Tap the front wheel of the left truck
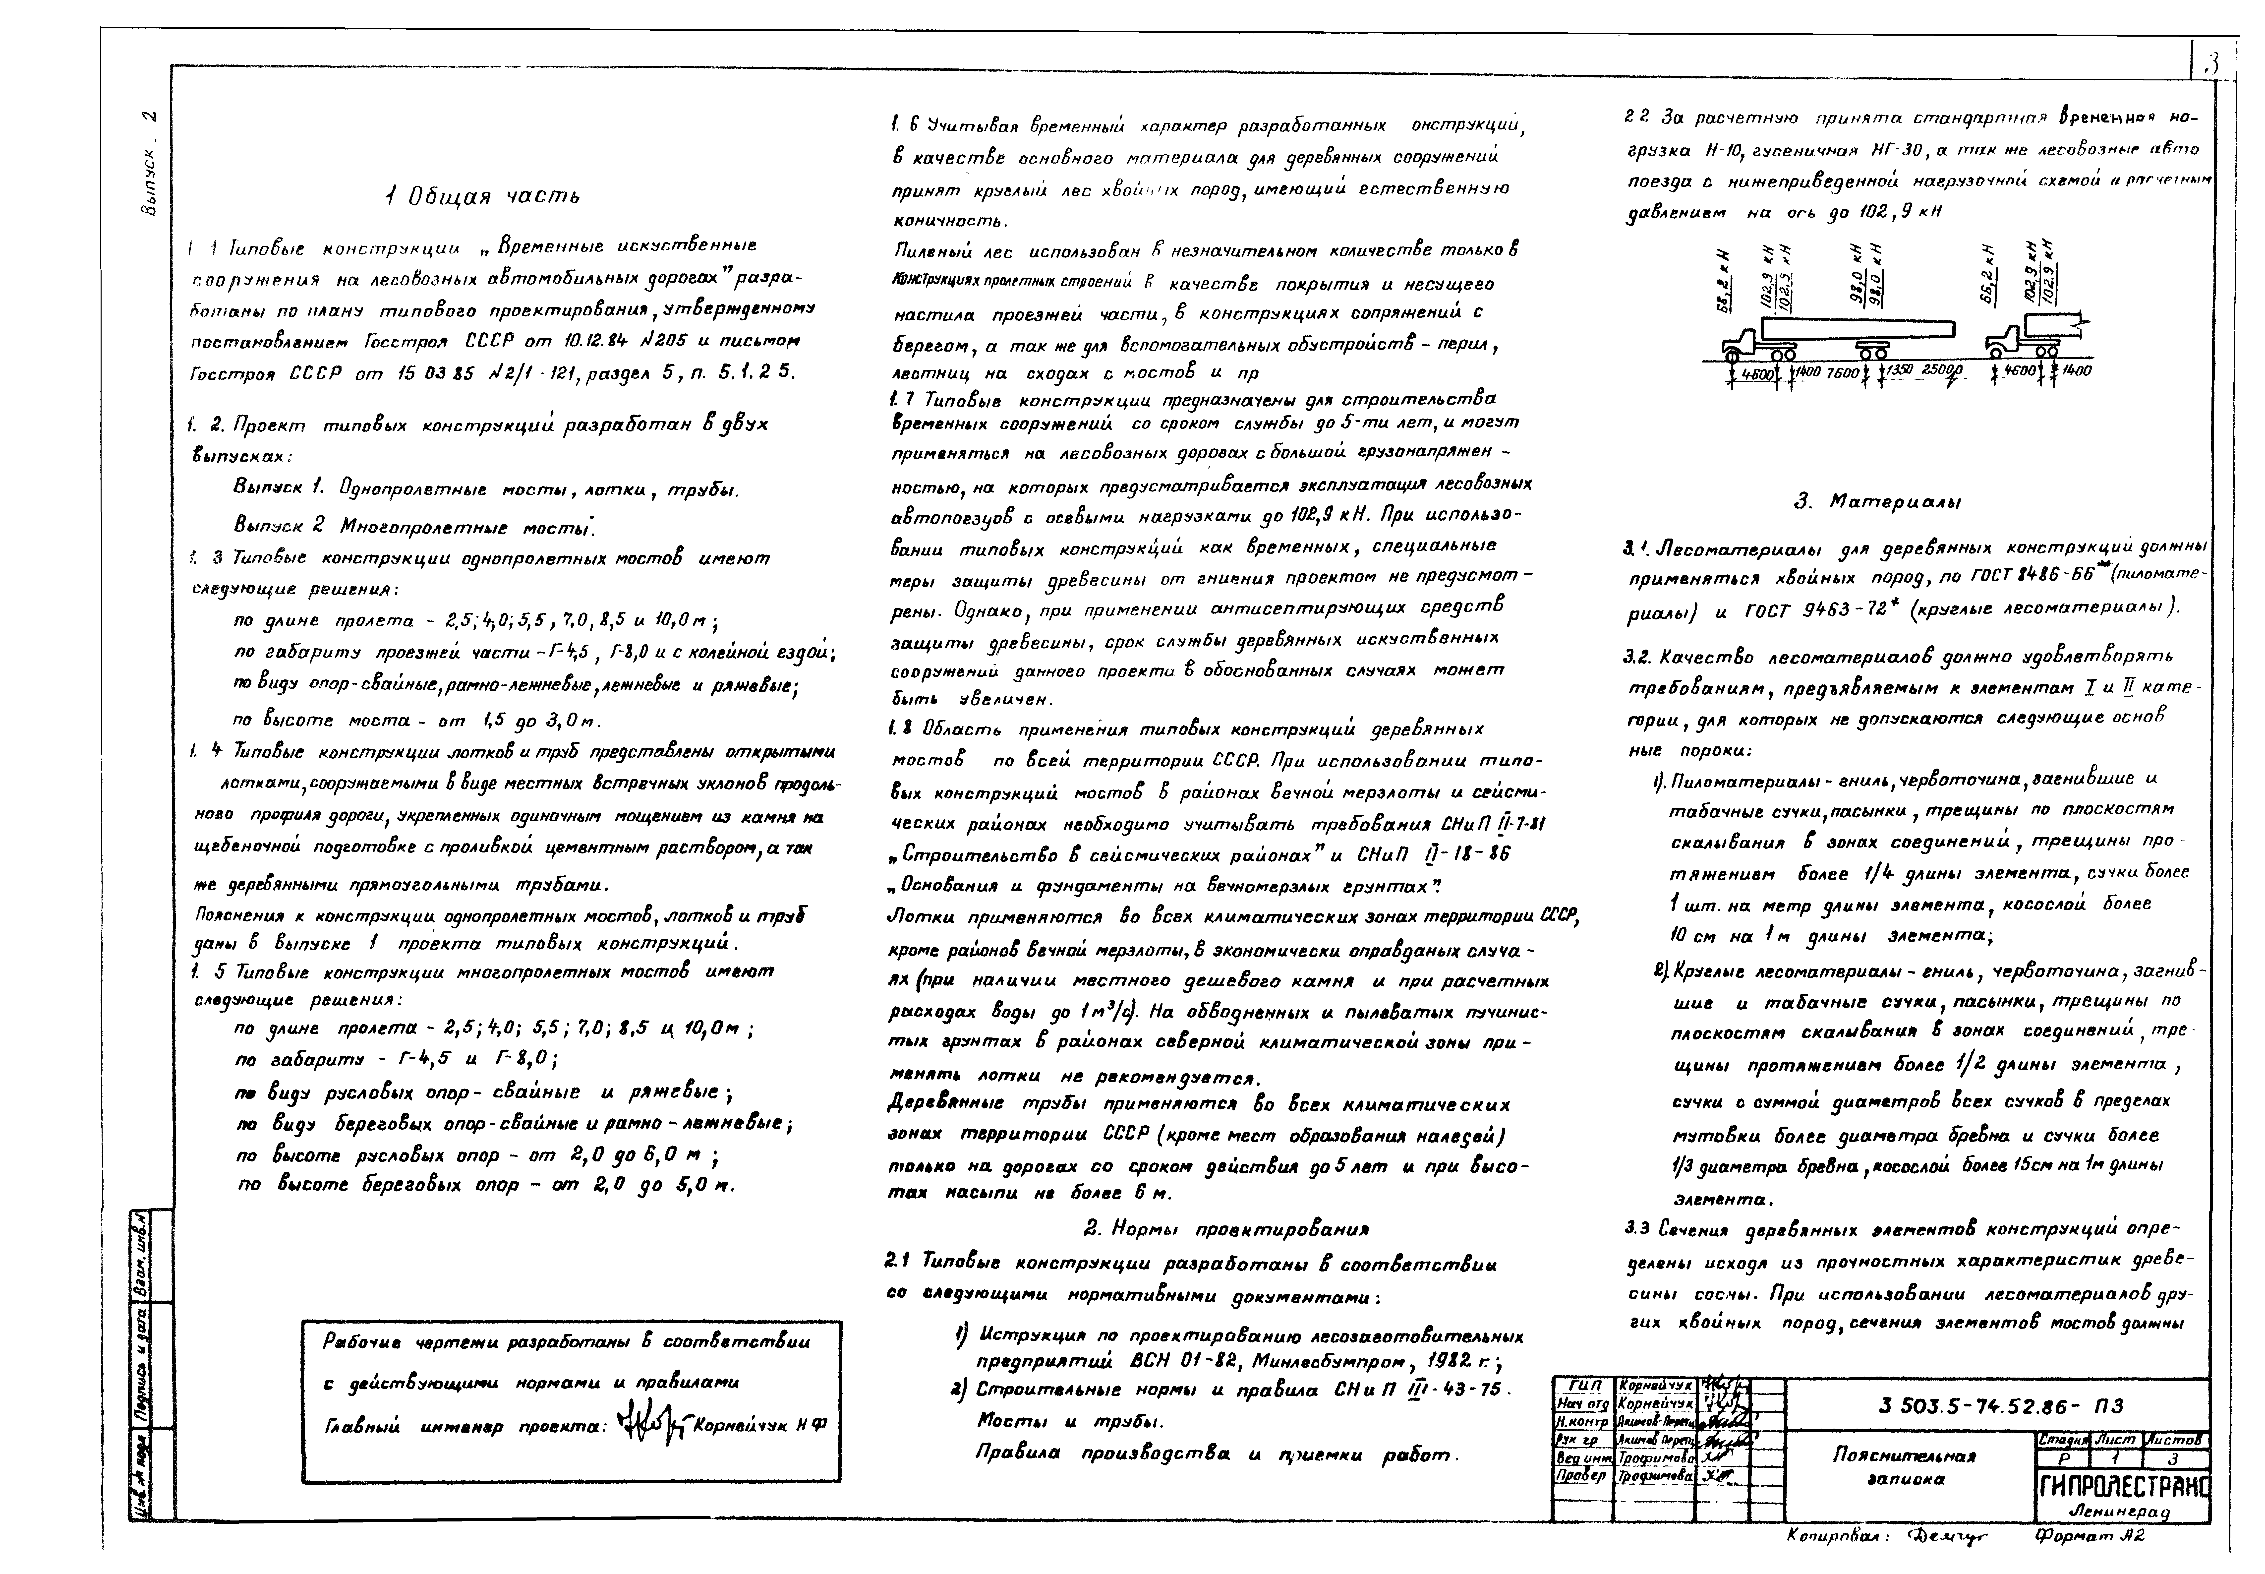1733,350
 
